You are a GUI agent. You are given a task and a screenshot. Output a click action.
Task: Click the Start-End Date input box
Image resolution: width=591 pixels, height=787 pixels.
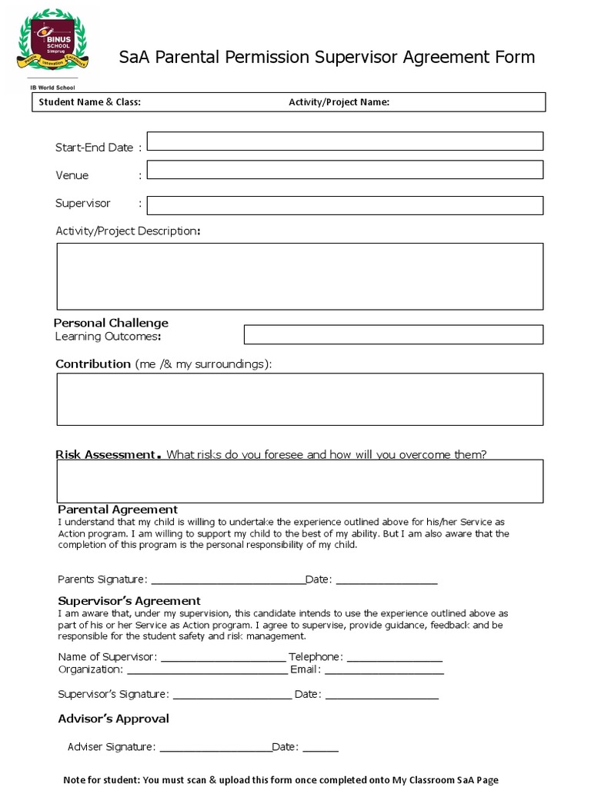[345, 141]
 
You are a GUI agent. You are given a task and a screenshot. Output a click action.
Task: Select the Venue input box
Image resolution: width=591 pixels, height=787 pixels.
[345, 170]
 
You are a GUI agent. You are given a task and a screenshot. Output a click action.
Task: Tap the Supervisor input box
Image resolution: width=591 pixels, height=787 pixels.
[345, 205]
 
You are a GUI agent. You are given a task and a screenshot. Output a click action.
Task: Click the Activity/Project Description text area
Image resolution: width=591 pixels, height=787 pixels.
[299, 276]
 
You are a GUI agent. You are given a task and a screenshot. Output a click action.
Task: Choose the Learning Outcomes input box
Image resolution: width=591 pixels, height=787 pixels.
[393, 334]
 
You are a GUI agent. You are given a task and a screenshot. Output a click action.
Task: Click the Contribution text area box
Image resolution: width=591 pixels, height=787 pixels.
[299, 399]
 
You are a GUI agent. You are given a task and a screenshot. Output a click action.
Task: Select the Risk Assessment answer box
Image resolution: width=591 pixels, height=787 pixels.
[299, 481]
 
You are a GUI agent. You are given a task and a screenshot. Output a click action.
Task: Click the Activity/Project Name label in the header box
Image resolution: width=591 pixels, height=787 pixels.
[339, 102]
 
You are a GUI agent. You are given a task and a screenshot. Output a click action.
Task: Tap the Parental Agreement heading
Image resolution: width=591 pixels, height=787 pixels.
[118, 510]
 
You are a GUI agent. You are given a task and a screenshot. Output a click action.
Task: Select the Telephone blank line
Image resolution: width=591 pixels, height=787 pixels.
[395, 659]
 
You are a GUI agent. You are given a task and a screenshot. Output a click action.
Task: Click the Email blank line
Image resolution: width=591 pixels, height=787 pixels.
[384, 671]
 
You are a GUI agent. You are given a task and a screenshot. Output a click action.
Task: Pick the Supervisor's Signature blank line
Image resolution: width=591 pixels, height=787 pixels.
[232, 696]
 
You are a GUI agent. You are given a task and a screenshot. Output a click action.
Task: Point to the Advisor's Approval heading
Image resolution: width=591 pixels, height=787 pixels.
[113, 719]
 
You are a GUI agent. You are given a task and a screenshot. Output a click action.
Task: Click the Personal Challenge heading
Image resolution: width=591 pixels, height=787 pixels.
[111, 323]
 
